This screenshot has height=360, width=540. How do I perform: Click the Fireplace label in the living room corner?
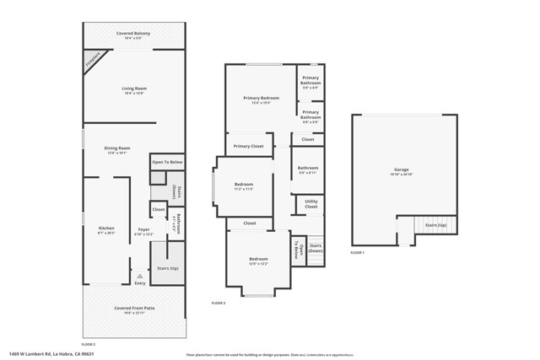click(x=92, y=60)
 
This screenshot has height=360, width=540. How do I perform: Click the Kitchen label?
click(x=106, y=228)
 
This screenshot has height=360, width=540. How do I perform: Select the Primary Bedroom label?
click(x=261, y=98)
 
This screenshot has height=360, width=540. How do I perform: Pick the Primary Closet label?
click(x=248, y=146)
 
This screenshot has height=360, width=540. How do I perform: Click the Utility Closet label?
click(x=311, y=204)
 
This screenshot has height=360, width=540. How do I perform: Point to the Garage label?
click(x=401, y=169)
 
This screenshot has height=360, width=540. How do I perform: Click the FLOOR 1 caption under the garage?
click(x=358, y=253)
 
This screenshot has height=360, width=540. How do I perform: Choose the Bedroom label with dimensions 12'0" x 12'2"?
click(x=258, y=259)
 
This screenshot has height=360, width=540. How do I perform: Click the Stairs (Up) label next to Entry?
click(x=167, y=268)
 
